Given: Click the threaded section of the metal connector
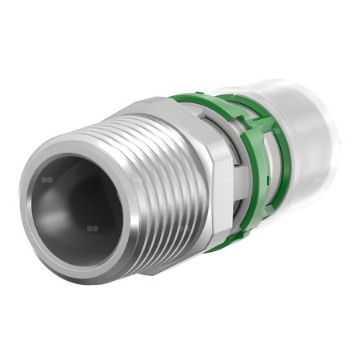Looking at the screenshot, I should pyautogui.click(x=152, y=192).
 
